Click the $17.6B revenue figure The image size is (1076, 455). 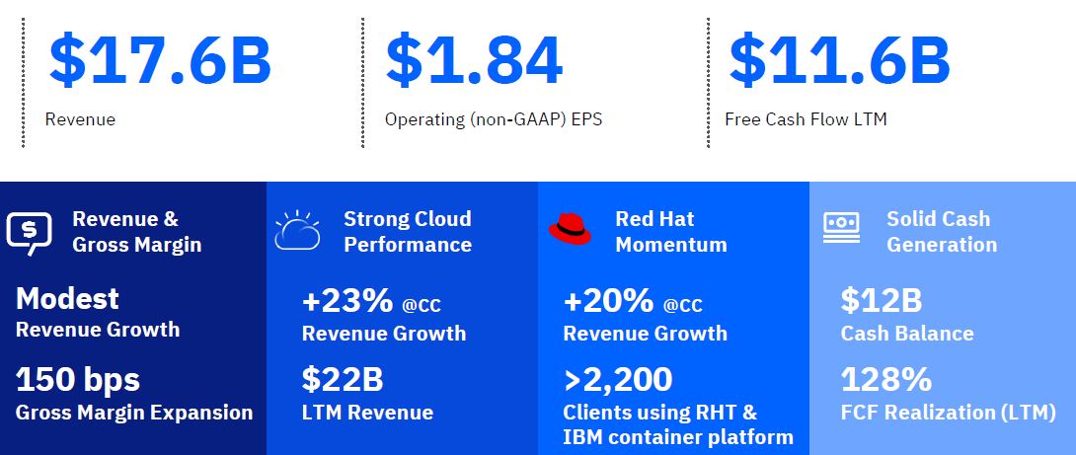click(160, 60)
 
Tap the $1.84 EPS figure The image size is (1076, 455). click(474, 60)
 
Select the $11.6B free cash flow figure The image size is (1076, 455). click(839, 60)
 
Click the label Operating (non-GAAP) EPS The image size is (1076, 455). click(494, 120)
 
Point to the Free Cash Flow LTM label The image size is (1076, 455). click(806, 119)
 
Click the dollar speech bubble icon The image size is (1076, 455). click(29, 233)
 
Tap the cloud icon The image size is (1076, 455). click(297, 230)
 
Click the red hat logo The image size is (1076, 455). click(570, 229)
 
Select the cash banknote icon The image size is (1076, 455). click(841, 228)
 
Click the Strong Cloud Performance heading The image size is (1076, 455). click(408, 232)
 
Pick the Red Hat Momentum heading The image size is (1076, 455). click(671, 232)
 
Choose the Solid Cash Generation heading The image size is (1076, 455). click(942, 232)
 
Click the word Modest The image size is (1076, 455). click(67, 299)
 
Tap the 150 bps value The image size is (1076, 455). click(78, 380)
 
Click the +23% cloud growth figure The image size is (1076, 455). click(347, 301)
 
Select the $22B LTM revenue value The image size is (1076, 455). click(343, 380)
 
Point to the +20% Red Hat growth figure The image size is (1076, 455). click(609, 301)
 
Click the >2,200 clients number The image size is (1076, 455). click(618, 380)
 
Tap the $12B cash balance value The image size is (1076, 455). click(882, 301)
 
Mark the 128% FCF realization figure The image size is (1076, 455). click(885, 380)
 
